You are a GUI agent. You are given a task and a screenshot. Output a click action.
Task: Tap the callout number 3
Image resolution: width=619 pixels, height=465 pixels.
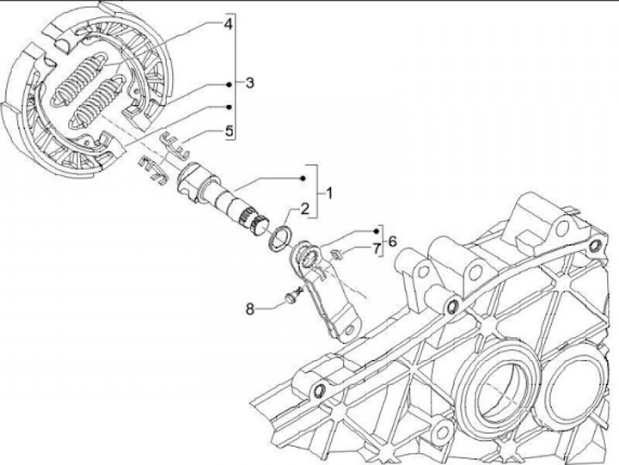pos(248,83)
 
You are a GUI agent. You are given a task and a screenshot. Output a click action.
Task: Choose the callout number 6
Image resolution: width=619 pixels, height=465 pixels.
pos(392,242)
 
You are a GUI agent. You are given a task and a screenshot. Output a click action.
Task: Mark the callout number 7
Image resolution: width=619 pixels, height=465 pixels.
pos(375,249)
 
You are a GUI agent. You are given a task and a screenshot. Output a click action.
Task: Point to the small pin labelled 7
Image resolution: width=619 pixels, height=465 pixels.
pos(338,253)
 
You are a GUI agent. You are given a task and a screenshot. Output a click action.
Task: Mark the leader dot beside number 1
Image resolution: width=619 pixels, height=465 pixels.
pos(303,177)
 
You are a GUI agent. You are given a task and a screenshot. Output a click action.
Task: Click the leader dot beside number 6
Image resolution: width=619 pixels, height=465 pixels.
pos(376,232)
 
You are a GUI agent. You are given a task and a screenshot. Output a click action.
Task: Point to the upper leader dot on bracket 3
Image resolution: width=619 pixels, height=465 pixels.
pos(229,84)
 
